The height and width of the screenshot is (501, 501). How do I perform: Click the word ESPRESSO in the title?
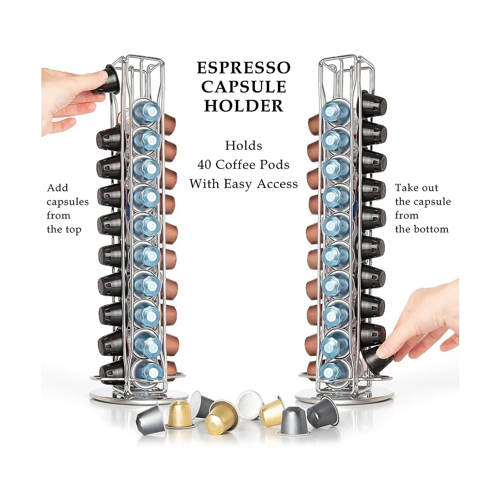pyautogui.click(x=244, y=68)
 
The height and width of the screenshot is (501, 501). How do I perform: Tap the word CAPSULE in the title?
pyautogui.click(x=244, y=87)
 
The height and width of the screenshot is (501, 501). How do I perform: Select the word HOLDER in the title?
pyautogui.click(x=244, y=106)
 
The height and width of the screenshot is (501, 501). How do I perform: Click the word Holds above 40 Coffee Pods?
pyautogui.click(x=244, y=146)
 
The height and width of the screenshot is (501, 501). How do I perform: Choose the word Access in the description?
pyautogui.click(x=277, y=184)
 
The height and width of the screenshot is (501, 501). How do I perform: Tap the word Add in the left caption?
pyautogui.click(x=58, y=188)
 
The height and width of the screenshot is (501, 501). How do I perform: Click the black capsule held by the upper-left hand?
pyautogui.click(x=106, y=79)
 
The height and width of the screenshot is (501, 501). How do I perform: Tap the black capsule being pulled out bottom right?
pyautogui.click(x=378, y=359)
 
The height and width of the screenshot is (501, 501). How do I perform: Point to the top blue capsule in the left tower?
pyautogui.click(x=147, y=111)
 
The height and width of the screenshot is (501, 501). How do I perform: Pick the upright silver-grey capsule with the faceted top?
pyautogui.click(x=295, y=420)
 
